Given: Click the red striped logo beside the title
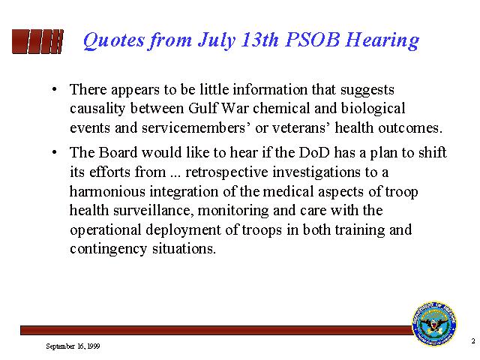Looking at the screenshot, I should coord(37,40).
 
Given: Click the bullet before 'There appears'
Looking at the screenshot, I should coord(55,91).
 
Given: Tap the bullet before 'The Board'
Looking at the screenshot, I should coord(55,153).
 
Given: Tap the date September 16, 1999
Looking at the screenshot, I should coord(73,346).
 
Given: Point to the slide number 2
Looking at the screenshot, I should coord(472,341).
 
